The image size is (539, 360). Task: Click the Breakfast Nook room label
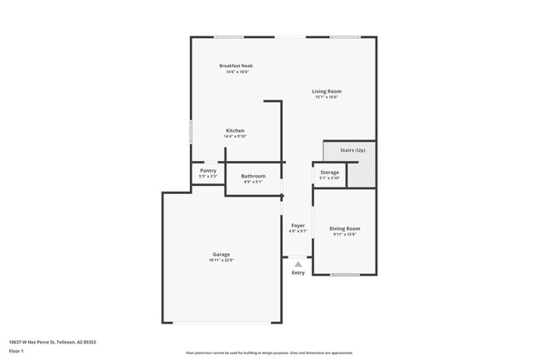(x=236, y=66)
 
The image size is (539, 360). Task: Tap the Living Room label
(x=326, y=91)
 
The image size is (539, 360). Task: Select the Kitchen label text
(x=236, y=130)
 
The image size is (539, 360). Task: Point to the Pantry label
(x=208, y=170)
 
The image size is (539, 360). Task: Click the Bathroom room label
(x=253, y=176)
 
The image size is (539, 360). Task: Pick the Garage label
(x=221, y=254)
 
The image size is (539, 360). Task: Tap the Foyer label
(x=298, y=225)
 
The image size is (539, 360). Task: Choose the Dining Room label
(x=346, y=228)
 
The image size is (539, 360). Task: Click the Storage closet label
(x=329, y=172)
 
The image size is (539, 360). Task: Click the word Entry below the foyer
(x=298, y=273)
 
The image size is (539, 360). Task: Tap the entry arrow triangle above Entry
(x=298, y=262)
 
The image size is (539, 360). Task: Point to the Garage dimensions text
(x=221, y=260)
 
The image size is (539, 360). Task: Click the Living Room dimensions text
(x=326, y=98)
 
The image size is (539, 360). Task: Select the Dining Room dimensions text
(x=346, y=235)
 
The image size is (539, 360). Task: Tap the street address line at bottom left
(x=52, y=341)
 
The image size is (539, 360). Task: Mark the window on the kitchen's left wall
(x=191, y=132)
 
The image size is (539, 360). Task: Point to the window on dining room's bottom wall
(x=345, y=275)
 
